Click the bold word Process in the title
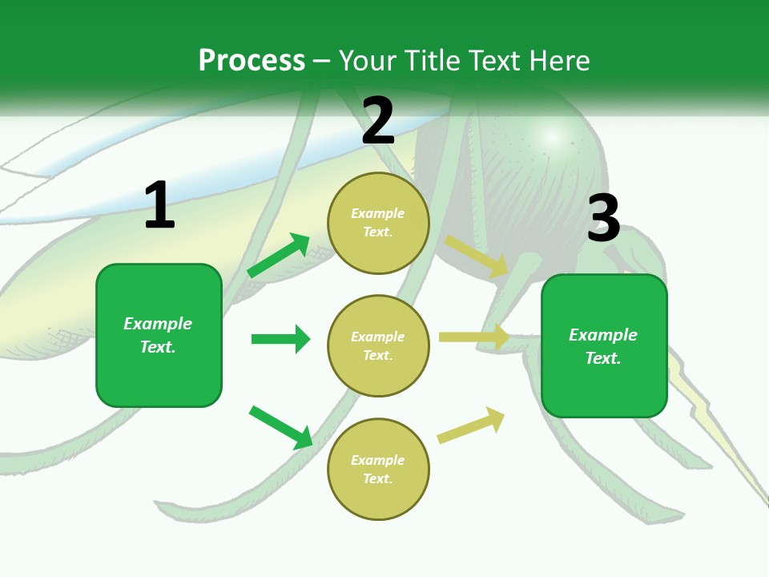click(252, 60)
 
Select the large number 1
click(159, 205)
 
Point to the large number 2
click(378, 121)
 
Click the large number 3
click(603, 218)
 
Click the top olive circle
click(378, 223)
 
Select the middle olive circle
click(378, 346)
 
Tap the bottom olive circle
click(378, 470)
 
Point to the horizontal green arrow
click(281, 339)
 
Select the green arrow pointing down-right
click(281, 427)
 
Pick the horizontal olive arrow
click(475, 337)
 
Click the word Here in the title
click(560, 60)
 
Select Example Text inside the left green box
click(158, 335)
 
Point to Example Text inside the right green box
click(603, 346)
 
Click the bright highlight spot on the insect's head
click(551, 137)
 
